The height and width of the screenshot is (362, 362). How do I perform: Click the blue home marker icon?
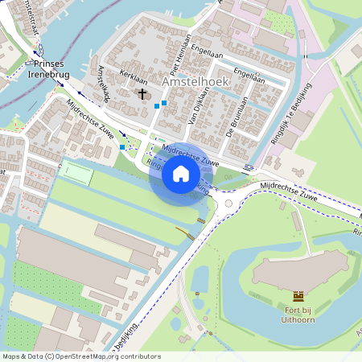tap(181, 173)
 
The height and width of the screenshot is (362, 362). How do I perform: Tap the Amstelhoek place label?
tap(195, 82)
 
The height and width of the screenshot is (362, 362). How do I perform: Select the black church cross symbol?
tap(142, 94)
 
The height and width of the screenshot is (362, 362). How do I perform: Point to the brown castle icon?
tap(298, 297)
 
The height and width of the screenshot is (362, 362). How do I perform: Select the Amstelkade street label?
tap(102, 83)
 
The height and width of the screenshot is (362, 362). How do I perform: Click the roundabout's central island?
tap(228, 203)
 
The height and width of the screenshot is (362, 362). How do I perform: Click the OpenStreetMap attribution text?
tap(81, 356)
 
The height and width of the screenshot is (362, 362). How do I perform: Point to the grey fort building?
tap(302, 270)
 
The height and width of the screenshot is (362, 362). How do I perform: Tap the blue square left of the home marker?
tap(122, 147)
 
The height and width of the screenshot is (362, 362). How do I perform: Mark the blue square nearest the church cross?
tap(156, 105)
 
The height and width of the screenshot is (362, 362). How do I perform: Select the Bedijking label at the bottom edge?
tap(126, 334)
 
